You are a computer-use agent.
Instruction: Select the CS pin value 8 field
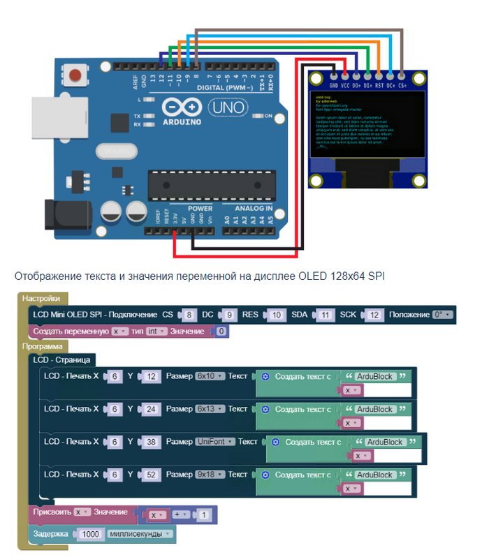pos(188,315)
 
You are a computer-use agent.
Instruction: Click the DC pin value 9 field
pos(231,315)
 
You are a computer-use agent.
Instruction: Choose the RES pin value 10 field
pos(277,315)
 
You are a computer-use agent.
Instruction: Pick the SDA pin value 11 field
pos(324,315)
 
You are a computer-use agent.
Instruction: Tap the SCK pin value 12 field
pos(374,315)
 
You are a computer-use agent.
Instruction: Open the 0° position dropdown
pos(442,315)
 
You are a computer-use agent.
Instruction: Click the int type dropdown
pos(156,332)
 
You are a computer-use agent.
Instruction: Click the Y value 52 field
pos(151,475)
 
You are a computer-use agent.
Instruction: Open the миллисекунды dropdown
pos(140,534)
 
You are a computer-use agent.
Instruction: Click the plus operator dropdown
pos(181,515)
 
